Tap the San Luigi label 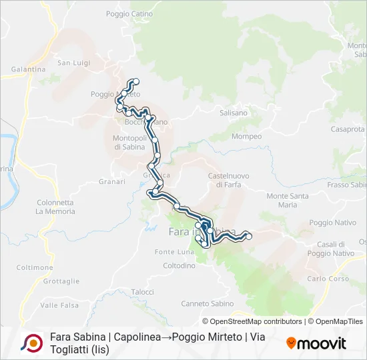[73, 63]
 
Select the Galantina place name [28, 69]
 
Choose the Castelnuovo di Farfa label [228, 180]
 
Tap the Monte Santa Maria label [287, 200]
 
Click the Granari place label [112, 181]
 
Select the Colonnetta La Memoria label [56, 207]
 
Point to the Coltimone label [35, 267]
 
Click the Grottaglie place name [61, 281]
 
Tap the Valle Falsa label [59, 305]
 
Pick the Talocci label [142, 292]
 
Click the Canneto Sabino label [208, 303]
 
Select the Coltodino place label [179, 265]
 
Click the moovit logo [316, 343]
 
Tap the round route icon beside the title [31, 343]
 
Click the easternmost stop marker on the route [248, 235]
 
